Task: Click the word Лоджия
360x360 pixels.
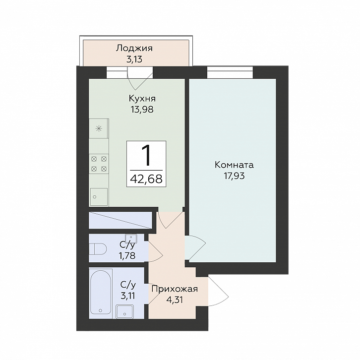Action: tap(134, 49)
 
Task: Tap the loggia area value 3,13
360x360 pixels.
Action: tap(134, 60)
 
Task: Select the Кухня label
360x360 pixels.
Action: tap(142, 99)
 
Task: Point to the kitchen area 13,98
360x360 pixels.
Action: tap(142, 110)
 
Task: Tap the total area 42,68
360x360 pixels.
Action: tap(146, 179)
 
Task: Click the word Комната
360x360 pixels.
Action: tap(234, 165)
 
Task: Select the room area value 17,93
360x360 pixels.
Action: tap(234, 176)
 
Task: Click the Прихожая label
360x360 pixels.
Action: tap(175, 289)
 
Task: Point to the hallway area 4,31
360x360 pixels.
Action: tap(175, 300)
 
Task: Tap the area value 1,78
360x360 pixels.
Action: tap(127, 255)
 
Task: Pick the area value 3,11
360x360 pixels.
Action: tap(128, 296)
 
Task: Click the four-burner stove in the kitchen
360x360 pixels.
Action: tap(99, 164)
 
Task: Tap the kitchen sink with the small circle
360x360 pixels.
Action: tap(99, 196)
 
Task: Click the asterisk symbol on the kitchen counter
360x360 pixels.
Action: tap(99, 128)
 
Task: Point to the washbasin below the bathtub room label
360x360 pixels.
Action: tap(124, 311)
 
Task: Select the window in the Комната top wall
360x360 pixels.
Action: tap(230, 72)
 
